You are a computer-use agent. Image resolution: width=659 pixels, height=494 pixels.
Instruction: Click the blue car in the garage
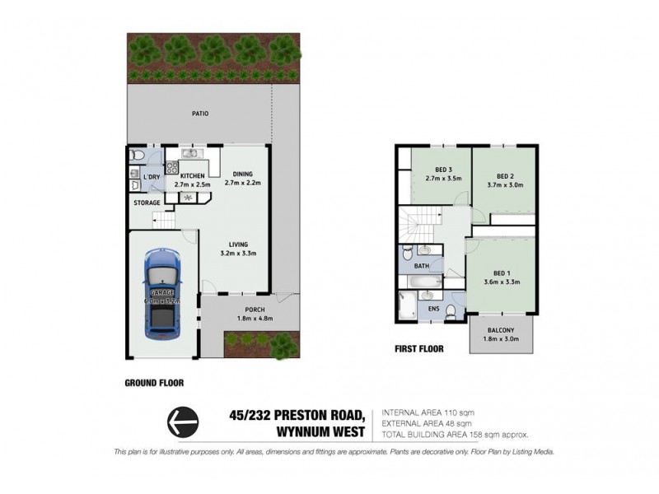(x=161, y=295)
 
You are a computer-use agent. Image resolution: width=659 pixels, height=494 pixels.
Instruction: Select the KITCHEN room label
(x=193, y=176)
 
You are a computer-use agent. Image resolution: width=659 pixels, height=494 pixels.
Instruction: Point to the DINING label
(x=243, y=173)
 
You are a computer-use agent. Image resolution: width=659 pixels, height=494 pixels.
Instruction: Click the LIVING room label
(x=239, y=244)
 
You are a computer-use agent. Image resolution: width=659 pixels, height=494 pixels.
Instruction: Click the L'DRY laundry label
(x=152, y=177)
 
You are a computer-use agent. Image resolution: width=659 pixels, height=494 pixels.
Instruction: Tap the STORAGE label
(x=147, y=203)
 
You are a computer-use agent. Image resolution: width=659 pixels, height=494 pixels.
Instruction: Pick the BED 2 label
(x=505, y=176)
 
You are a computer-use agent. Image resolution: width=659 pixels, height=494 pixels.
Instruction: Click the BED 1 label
(x=501, y=273)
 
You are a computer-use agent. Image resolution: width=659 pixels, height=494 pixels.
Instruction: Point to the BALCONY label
(x=501, y=329)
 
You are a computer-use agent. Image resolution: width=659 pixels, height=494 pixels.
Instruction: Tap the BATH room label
(x=421, y=267)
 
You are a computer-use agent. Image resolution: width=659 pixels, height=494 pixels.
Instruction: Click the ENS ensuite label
(x=433, y=310)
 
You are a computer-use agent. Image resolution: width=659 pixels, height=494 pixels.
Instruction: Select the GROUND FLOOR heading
(x=154, y=383)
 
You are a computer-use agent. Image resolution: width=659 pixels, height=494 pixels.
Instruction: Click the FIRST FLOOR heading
(x=419, y=349)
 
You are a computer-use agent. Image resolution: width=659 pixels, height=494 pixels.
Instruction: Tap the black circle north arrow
(x=183, y=422)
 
